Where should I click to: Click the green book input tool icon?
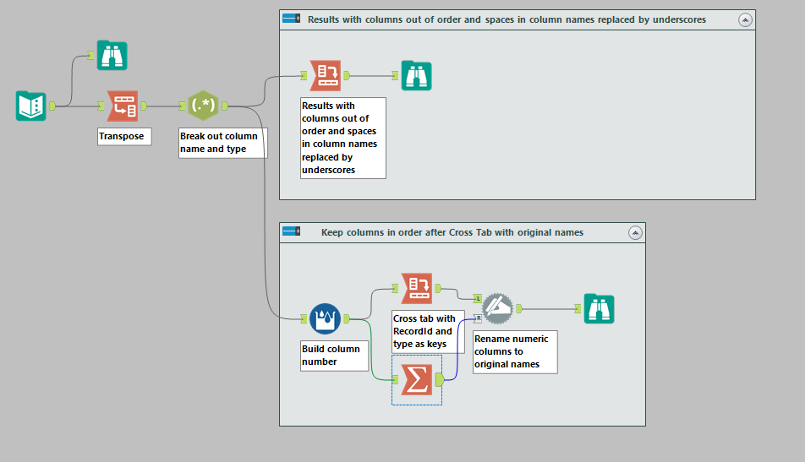[x=30, y=106]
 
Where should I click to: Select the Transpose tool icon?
[x=122, y=106]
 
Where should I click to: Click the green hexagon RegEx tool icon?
[x=203, y=106]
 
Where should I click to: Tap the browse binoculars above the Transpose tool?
[x=112, y=55]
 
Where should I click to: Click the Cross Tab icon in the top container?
[x=326, y=76]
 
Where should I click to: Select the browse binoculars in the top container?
[x=416, y=76]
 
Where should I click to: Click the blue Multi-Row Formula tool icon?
[x=325, y=318]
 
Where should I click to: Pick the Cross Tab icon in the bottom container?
[x=416, y=288]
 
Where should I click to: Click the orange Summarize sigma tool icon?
[x=416, y=379]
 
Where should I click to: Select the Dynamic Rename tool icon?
[x=497, y=308]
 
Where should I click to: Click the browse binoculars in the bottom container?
[x=599, y=308]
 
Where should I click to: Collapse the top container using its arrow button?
[x=744, y=19]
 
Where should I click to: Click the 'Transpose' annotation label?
[x=124, y=136]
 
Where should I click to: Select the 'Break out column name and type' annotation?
[x=222, y=143]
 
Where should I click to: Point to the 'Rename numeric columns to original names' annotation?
[x=514, y=351]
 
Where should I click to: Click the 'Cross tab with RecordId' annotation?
[x=428, y=331]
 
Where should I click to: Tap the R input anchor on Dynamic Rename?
[x=478, y=318]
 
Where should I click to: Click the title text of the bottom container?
[x=452, y=232]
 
